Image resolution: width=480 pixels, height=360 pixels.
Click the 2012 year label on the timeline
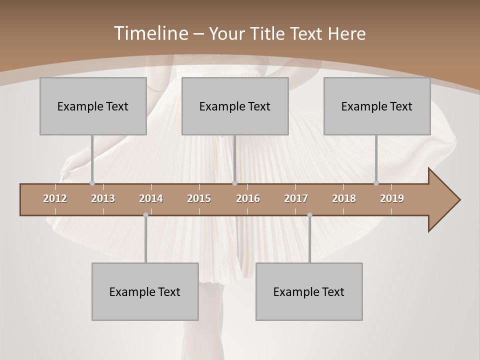click(55, 198)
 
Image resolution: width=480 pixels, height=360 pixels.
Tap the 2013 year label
click(103, 198)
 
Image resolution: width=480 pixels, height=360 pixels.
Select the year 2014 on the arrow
click(151, 198)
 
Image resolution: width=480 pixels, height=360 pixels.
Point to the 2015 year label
click(199, 198)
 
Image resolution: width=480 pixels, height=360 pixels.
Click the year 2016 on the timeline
click(248, 198)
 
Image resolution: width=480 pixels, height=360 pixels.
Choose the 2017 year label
click(296, 198)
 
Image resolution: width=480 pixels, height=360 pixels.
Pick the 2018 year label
click(344, 198)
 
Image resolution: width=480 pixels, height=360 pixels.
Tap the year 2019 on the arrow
click(392, 198)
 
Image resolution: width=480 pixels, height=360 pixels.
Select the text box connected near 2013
click(93, 106)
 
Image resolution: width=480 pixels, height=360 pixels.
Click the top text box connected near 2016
click(235, 106)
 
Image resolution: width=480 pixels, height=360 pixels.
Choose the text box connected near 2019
click(377, 106)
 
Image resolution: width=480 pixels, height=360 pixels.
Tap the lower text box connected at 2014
click(145, 291)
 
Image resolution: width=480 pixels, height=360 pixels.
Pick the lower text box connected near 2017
click(309, 291)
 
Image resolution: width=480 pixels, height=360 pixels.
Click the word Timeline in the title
click(150, 33)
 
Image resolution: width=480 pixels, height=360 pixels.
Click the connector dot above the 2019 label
click(376, 183)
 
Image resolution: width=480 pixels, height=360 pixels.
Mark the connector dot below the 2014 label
click(145, 215)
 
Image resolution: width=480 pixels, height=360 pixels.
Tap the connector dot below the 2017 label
click(309, 215)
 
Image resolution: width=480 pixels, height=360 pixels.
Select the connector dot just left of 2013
click(92, 183)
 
